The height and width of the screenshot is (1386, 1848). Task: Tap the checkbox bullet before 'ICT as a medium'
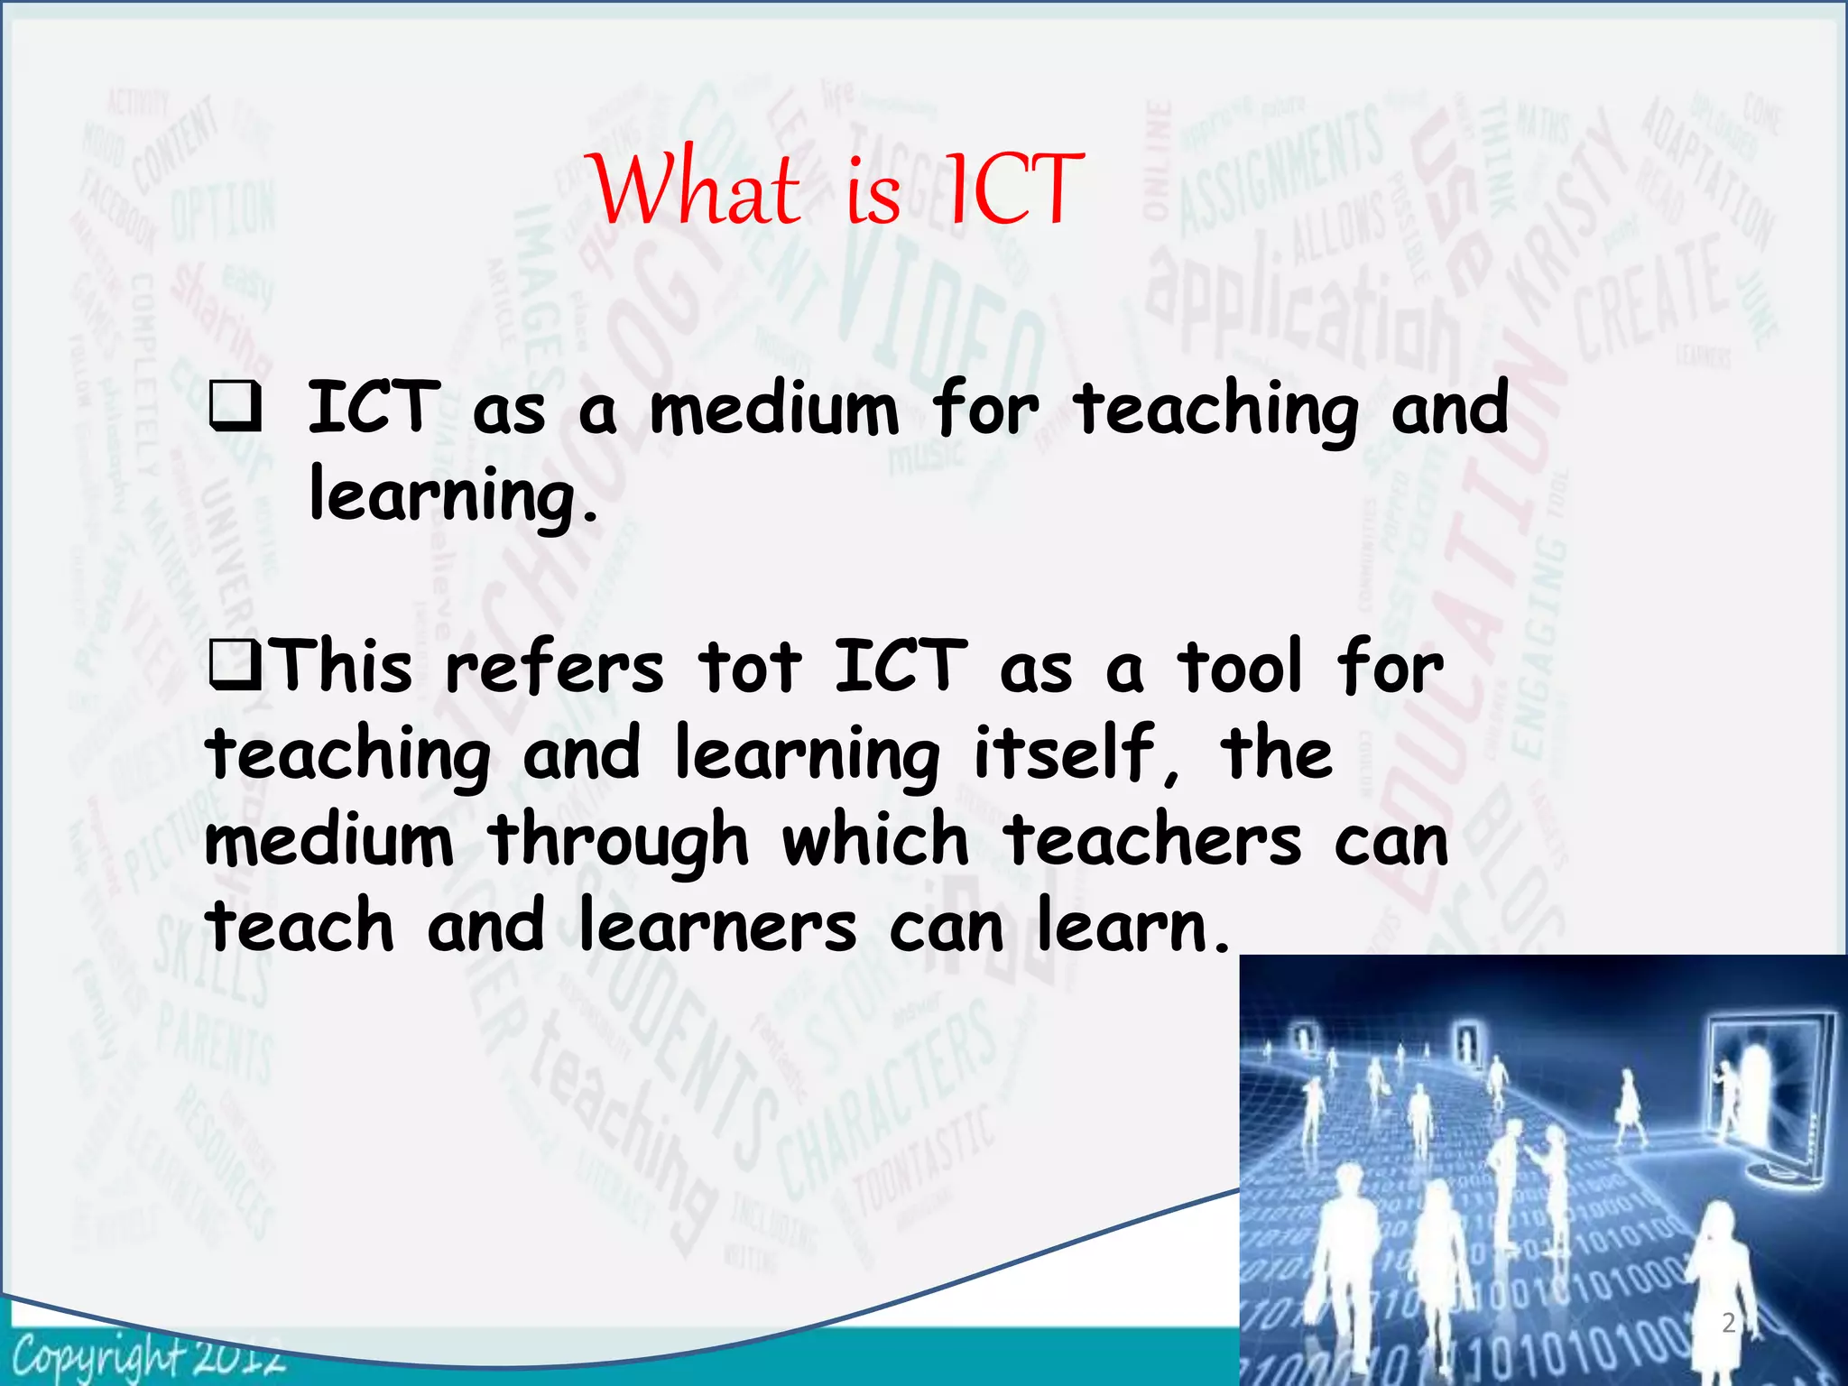click(236, 407)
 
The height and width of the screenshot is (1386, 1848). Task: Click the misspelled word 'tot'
click(749, 668)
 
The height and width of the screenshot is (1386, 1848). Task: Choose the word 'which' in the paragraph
click(875, 839)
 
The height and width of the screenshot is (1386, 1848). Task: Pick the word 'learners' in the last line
click(716, 926)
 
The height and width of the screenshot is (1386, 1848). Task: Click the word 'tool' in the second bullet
click(1240, 668)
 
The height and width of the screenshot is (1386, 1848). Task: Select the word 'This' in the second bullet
click(343, 668)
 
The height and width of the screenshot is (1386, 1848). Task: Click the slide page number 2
click(1728, 1323)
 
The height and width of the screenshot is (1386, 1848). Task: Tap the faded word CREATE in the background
click(1651, 298)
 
